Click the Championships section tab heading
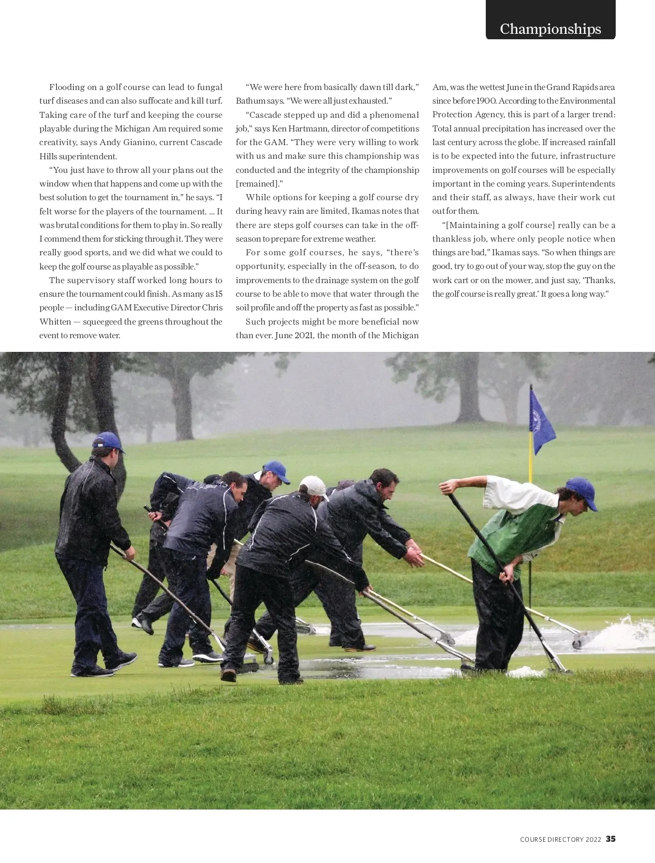[550, 29]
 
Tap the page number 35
[611, 839]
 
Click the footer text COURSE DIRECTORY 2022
[561, 840]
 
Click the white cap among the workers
[313, 484]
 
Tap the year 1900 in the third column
[486, 101]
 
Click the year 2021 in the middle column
[305, 335]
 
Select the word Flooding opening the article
[67, 87]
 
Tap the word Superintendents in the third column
[583, 184]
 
